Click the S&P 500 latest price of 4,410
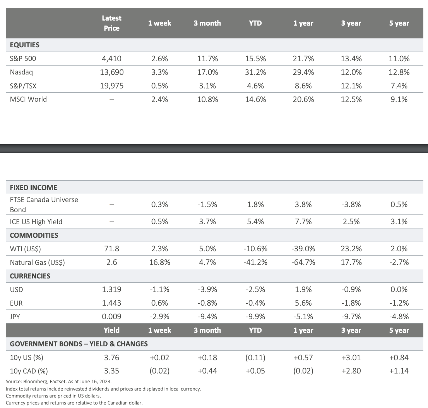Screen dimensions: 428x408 111,59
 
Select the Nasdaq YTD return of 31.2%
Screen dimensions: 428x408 255,72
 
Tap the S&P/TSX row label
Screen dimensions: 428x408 23,86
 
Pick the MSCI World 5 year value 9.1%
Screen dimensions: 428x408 399,99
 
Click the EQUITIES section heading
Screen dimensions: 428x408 24,45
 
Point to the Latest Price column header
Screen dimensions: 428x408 111,23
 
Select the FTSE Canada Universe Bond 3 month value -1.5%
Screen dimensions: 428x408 207,204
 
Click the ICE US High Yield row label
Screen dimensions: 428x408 36,222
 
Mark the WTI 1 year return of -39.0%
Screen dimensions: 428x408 303,249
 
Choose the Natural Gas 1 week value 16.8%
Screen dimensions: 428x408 160,263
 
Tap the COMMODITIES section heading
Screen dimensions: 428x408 34,235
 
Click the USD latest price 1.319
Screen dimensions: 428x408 111,289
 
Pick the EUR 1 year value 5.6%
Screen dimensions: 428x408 303,303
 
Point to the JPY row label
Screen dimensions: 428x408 15,316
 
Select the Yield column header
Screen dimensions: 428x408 111,330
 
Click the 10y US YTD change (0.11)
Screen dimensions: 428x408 255,358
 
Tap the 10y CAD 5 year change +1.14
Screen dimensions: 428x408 399,371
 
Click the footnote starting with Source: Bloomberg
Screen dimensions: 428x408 58,382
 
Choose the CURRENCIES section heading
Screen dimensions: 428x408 30,276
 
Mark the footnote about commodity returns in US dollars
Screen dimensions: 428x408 53,396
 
